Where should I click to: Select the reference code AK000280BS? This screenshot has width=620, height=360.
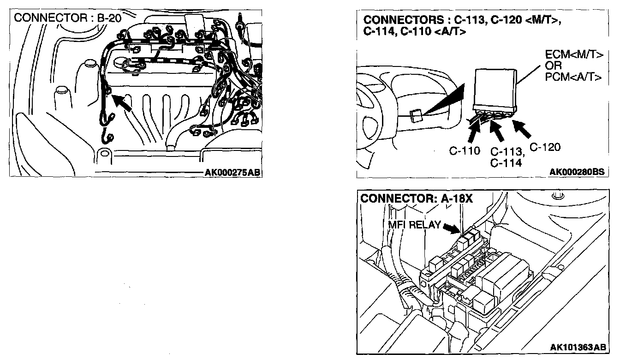[x=577, y=172]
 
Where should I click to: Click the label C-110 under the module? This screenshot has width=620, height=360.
[x=465, y=151]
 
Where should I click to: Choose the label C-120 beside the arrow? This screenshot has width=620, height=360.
[x=545, y=147]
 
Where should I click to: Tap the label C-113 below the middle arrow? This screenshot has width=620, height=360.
[x=506, y=152]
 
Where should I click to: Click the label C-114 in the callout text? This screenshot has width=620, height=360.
[x=506, y=162]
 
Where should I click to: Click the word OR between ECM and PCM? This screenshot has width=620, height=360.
[x=553, y=66]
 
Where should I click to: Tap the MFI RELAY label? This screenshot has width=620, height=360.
[x=413, y=225]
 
